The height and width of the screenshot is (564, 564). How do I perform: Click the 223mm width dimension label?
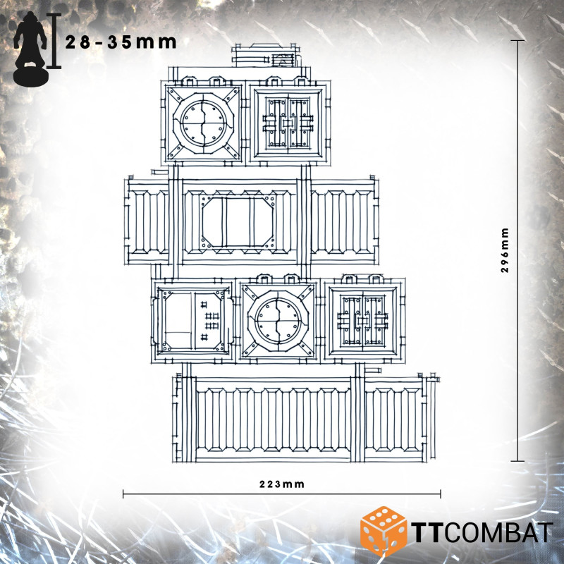[281, 484]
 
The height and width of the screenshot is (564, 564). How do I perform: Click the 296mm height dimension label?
[505, 250]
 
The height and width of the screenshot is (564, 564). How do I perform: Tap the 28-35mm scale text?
[121, 42]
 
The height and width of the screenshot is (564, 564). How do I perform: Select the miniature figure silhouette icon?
[30, 49]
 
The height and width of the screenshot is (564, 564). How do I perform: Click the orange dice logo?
[384, 532]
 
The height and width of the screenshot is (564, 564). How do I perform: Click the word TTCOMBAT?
[482, 532]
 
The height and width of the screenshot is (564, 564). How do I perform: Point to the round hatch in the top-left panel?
[204, 123]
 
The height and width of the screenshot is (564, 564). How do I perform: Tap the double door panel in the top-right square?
[288, 123]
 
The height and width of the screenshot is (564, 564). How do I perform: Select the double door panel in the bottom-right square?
[363, 321]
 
